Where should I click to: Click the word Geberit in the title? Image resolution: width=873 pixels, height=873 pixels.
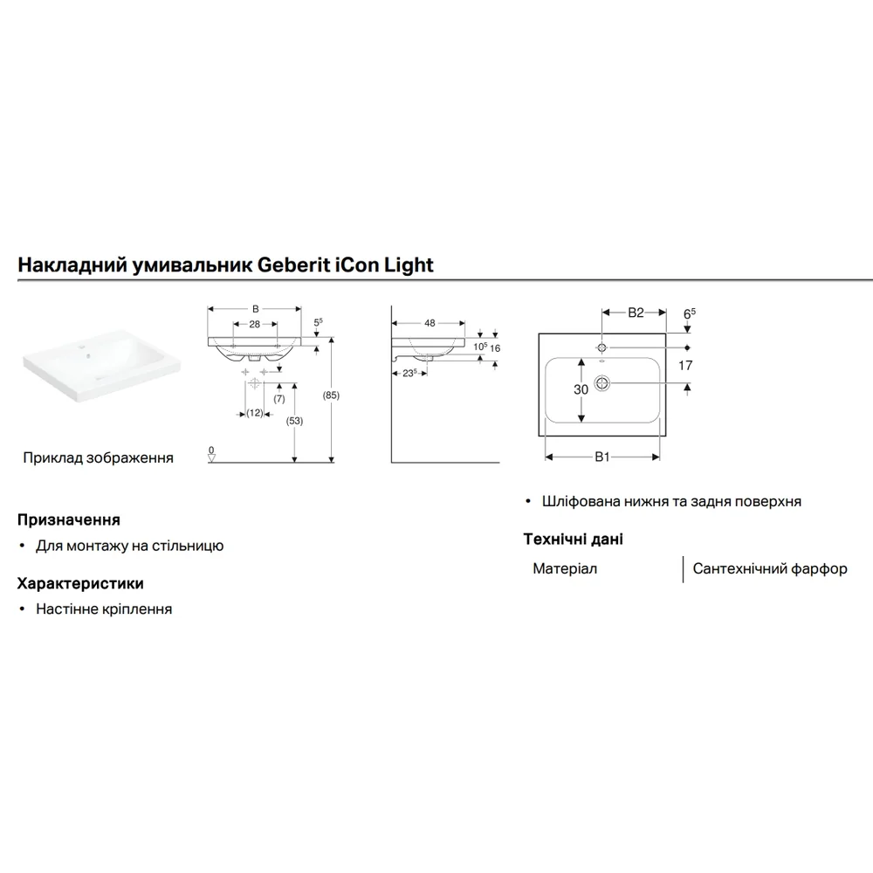click(293, 265)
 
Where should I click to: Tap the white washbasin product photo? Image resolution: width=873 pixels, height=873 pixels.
click(102, 365)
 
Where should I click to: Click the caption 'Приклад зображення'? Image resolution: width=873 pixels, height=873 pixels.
click(98, 457)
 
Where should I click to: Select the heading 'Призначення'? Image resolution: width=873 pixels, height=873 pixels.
click(68, 520)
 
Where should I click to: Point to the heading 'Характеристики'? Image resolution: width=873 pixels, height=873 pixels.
click(80, 583)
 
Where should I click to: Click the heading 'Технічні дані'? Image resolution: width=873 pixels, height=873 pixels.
click(573, 539)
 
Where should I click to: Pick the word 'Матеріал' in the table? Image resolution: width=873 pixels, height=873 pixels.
click(565, 568)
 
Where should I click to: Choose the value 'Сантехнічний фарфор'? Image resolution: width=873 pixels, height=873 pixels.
click(770, 568)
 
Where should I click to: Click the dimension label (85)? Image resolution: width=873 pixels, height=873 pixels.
click(331, 395)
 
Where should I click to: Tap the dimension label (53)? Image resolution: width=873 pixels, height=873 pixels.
click(294, 421)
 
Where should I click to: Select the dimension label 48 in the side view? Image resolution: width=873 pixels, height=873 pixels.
click(430, 323)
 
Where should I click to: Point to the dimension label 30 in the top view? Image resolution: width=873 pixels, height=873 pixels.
click(581, 389)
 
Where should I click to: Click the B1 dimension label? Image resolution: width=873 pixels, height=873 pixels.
click(602, 457)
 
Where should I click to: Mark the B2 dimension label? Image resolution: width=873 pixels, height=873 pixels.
click(636, 313)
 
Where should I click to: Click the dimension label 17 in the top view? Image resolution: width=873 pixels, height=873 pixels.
click(685, 365)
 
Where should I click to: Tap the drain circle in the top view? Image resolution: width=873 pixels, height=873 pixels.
click(601, 383)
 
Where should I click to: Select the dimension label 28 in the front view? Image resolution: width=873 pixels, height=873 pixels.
click(254, 324)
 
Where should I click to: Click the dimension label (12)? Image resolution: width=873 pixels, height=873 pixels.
click(254, 413)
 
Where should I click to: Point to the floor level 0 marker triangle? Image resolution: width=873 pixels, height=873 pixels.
click(211, 457)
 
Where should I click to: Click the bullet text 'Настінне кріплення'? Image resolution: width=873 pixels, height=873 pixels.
click(104, 609)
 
